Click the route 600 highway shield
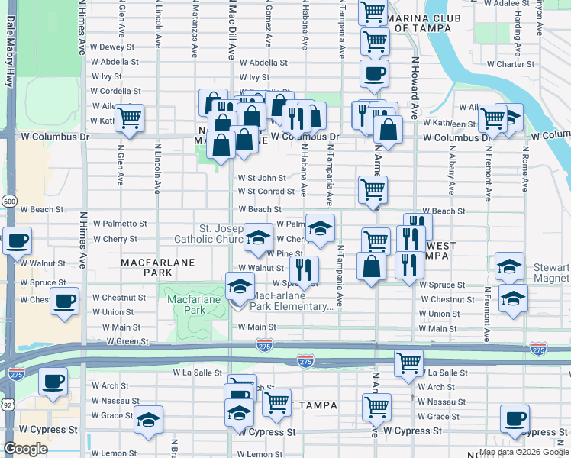pos(9,201)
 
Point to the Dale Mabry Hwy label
pos(11,46)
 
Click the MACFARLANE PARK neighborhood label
pos(158,267)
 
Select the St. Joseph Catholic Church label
pos(221,234)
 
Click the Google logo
pos(25,449)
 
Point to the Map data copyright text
pos(523,452)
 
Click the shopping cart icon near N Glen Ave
pos(130,118)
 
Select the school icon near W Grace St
pos(147,421)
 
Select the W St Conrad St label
pos(266,192)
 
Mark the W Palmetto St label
pos(119,224)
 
